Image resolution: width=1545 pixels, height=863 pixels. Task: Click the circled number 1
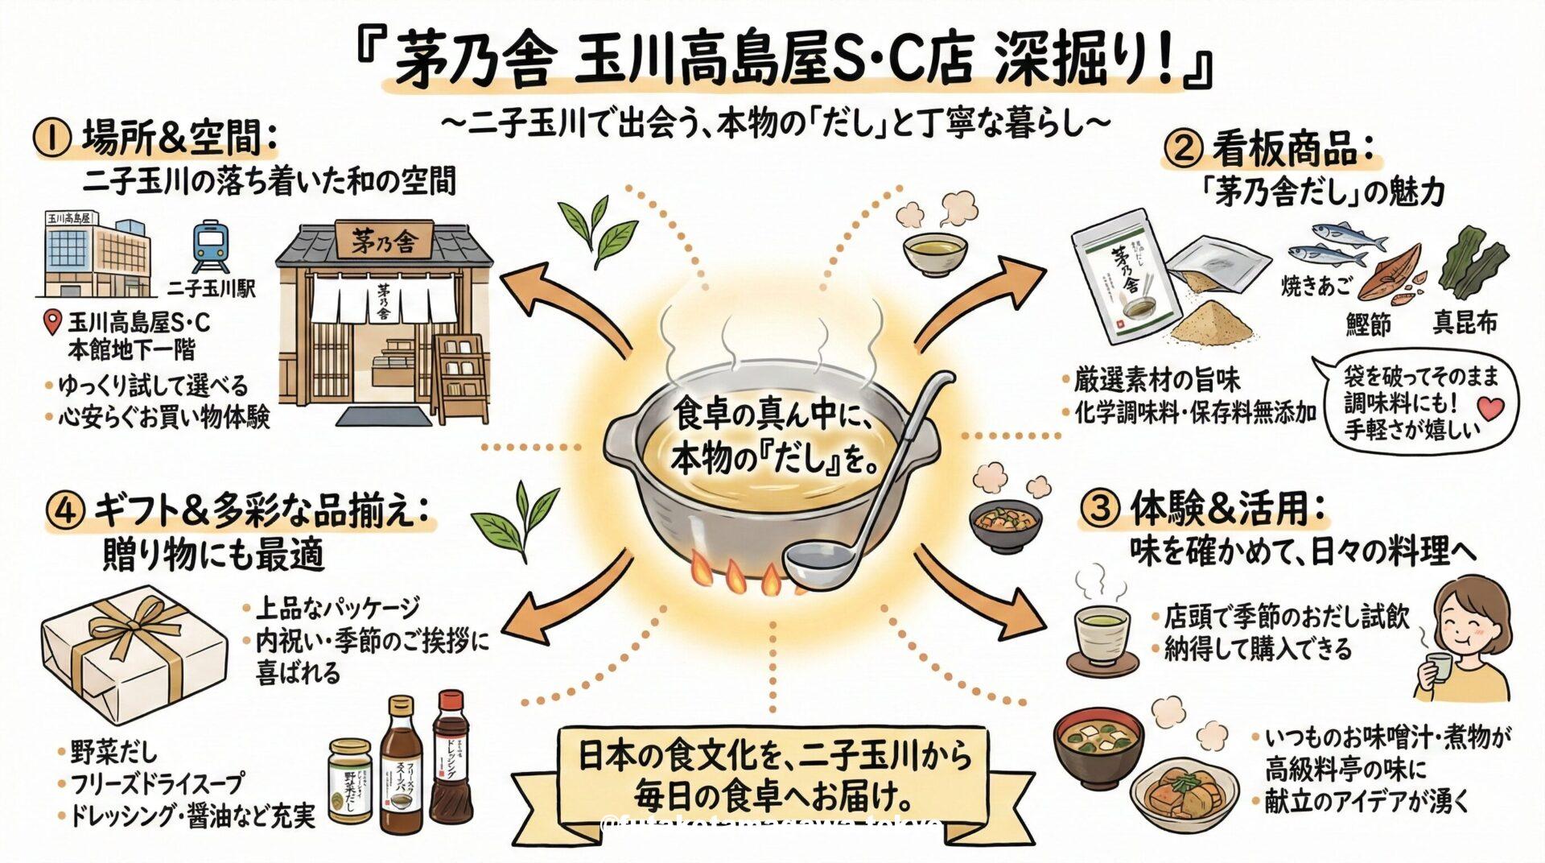pos(50,138)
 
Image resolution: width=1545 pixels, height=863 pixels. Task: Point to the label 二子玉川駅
pos(212,287)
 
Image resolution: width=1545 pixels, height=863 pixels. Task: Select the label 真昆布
pos(1465,323)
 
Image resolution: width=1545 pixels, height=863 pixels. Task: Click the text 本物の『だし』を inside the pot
pos(772,460)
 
